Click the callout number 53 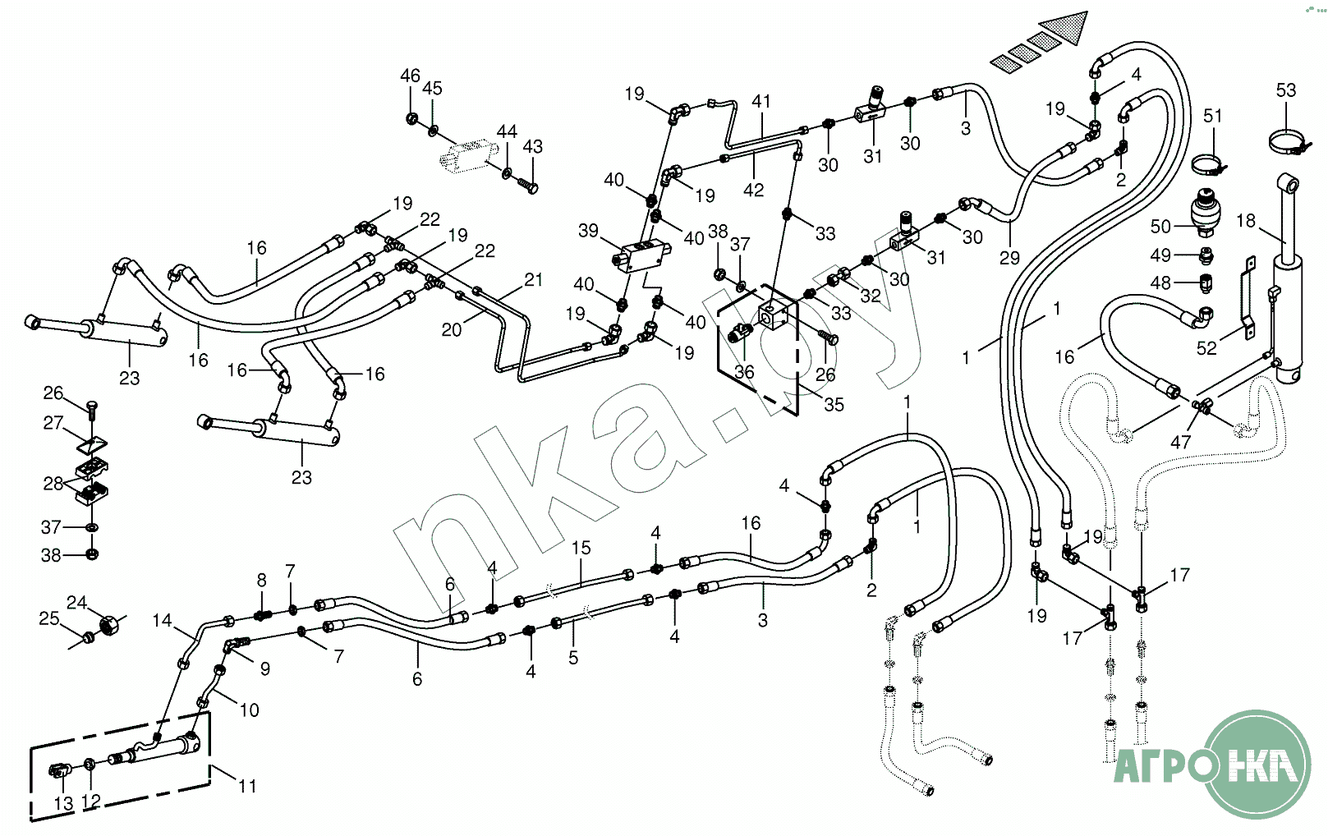pyautogui.click(x=1285, y=90)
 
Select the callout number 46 pyautogui.click(x=410, y=76)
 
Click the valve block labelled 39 pyautogui.click(x=644, y=254)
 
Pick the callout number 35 pyautogui.click(x=834, y=404)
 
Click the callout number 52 pyautogui.click(x=1206, y=348)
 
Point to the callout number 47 pyautogui.click(x=1180, y=442)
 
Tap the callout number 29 pyautogui.click(x=1009, y=258)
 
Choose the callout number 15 pyautogui.click(x=581, y=548)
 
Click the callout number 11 pyautogui.click(x=247, y=786)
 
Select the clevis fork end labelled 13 pyautogui.click(x=59, y=771)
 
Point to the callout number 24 pyautogui.click(x=76, y=603)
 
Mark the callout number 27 pyautogui.click(x=53, y=423)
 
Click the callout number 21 pyautogui.click(x=534, y=280)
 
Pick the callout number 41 pyautogui.click(x=761, y=101)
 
